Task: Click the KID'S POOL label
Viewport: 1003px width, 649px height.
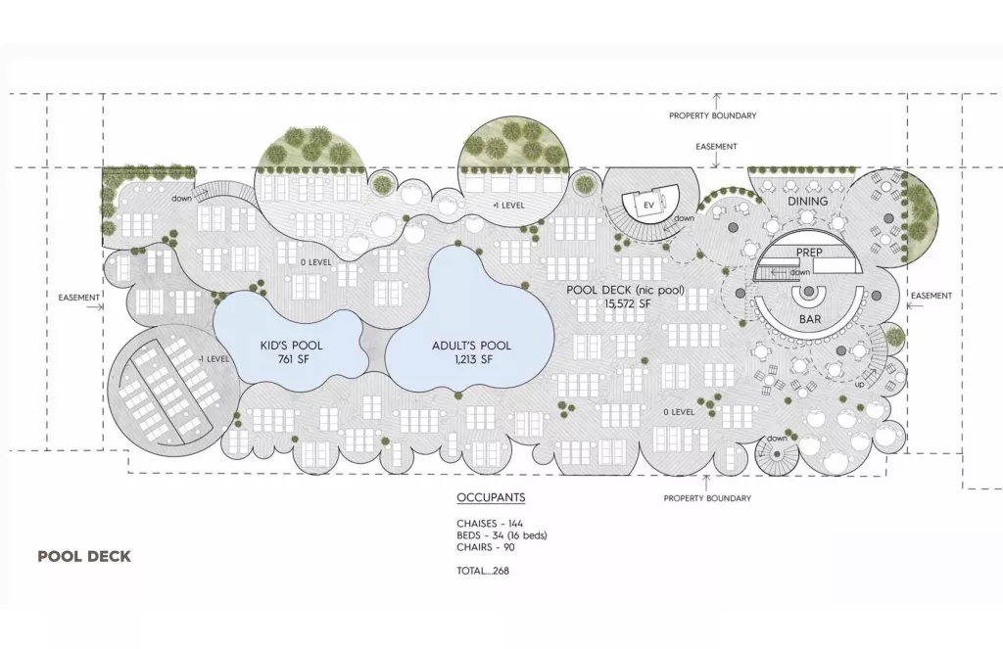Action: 291,346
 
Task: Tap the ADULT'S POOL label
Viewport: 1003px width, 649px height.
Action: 471,346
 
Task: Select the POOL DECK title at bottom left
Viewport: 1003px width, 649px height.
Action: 84,556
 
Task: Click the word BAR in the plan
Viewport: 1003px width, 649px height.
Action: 810,318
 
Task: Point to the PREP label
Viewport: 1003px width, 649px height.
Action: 809,253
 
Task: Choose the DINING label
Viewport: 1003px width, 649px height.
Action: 807,201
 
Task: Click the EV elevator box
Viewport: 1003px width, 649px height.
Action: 648,206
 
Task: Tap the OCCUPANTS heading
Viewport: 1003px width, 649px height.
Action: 492,497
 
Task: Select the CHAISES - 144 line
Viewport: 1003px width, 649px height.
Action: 490,524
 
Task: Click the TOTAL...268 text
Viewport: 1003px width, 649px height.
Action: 483,571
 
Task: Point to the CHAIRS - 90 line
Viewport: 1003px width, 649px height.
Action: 486,547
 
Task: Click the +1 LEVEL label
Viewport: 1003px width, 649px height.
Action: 508,206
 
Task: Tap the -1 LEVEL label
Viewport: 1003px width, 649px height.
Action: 213,358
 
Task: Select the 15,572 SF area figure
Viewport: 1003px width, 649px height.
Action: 628,303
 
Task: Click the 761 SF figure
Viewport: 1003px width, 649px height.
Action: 294,359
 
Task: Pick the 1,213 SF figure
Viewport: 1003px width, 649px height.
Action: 473,360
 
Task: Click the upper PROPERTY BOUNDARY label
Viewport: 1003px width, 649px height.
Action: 713,116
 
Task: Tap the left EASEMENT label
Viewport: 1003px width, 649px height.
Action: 78,298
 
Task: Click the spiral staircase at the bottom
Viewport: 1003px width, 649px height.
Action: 777,454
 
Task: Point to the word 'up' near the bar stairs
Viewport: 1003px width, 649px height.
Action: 859,385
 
